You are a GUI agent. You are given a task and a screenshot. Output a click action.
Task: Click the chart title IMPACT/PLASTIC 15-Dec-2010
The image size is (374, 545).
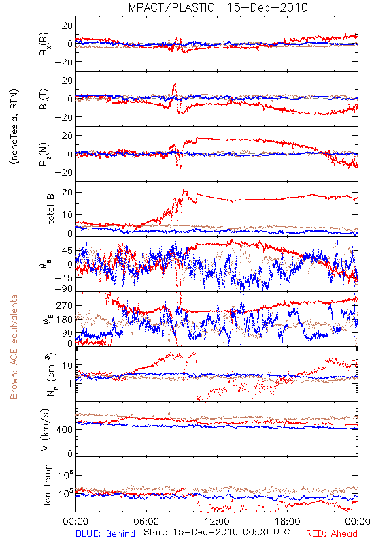click(216, 7)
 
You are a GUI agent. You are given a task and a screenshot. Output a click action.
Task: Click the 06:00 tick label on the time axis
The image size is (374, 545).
click(146, 521)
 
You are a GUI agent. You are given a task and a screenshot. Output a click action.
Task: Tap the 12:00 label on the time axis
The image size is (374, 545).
click(217, 521)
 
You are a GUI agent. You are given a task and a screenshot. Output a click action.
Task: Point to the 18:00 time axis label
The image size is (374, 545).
click(288, 521)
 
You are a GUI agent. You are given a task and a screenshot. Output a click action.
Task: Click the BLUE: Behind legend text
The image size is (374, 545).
click(105, 533)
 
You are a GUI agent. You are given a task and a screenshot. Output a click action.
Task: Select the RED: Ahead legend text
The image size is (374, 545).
click(331, 533)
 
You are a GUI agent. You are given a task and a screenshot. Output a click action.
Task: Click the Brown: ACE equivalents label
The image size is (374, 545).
click(14, 347)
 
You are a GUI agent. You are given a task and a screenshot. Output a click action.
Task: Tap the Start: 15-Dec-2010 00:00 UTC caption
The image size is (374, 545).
click(216, 532)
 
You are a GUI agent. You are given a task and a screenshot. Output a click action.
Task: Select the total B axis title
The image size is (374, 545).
click(50, 208)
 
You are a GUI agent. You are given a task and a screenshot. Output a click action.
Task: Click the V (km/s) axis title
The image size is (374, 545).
click(46, 430)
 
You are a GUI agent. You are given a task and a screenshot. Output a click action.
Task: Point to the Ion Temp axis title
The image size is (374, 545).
click(47, 484)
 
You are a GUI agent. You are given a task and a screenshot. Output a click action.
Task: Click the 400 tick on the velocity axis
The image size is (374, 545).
click(65, 430)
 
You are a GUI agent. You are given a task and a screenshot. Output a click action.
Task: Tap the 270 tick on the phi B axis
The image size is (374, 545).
click(65, 305)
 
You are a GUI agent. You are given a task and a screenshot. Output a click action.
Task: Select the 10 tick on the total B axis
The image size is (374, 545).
click(67, 215)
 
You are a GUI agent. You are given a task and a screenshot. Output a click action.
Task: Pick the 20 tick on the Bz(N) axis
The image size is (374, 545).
click(67, 136)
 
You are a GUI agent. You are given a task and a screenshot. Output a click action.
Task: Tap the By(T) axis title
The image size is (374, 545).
click(44, 99)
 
